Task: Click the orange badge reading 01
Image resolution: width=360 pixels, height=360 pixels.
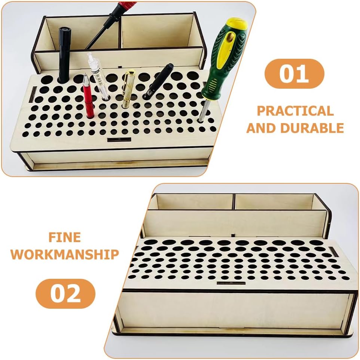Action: point(295,74)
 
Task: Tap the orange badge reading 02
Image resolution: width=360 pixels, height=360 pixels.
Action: point(65,293)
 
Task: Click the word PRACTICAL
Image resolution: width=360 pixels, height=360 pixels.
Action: point(295,111)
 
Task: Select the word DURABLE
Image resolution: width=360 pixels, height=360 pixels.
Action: point(312,128)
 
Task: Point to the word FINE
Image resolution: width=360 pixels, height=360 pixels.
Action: point(65,237)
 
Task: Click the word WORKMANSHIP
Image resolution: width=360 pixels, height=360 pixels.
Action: point(65,254)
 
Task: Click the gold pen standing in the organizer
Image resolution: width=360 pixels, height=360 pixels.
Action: point(128,89)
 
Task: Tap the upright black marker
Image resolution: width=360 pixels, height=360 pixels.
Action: point(64,55)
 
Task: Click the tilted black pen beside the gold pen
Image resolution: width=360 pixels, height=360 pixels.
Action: point(158,81)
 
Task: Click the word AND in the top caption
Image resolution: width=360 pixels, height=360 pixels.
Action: point(261,128)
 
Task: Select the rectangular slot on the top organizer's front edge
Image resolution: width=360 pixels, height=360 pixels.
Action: point(119,140)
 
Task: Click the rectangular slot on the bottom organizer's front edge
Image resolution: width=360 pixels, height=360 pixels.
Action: point(231,283)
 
